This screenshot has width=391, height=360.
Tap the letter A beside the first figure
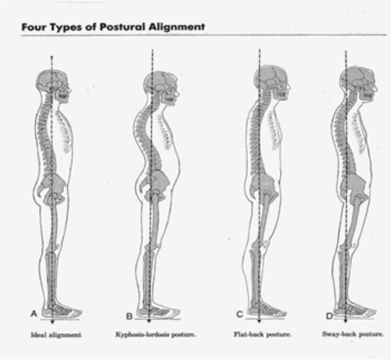pos(34,313)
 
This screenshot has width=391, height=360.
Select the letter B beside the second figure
pos(129,316)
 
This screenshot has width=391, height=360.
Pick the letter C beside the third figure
pos(239,315)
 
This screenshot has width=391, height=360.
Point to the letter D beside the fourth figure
pos(329,316)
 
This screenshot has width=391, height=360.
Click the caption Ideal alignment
pos(56,335)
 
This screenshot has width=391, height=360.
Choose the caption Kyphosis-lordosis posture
pos(156,334)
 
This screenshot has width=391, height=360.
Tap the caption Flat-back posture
pos(262,334)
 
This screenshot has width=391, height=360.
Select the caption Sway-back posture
pos(353,334)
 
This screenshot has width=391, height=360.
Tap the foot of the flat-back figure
pos(267,311)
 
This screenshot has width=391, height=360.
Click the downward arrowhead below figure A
pos(52,322)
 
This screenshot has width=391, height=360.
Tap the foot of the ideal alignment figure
pos(63,311)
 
